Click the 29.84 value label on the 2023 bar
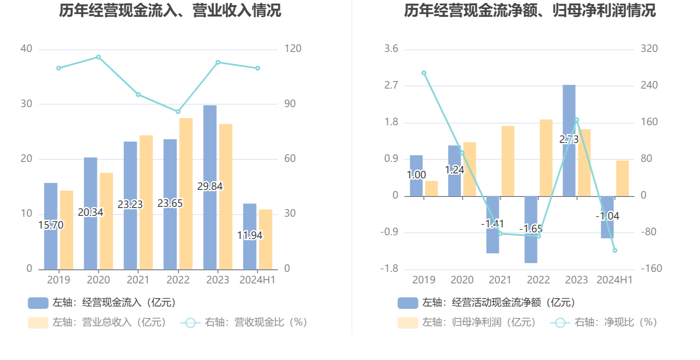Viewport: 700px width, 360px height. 210,187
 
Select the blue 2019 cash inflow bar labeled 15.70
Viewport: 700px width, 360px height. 51,247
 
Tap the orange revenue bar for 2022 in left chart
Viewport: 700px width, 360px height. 186,194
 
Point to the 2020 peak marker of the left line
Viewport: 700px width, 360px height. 98,57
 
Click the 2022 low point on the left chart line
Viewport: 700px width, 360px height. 178,112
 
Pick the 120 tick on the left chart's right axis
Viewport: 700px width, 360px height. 293,49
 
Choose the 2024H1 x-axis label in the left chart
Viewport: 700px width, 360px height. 257,280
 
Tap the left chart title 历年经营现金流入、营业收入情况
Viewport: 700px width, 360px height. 170,11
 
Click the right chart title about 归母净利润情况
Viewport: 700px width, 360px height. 530,11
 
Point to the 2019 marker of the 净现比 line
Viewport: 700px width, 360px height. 424,73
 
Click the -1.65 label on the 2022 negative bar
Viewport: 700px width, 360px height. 531,229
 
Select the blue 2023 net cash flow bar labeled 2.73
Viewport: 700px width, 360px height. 569,111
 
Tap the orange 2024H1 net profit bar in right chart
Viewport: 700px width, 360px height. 623,178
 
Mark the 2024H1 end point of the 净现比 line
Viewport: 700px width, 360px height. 615,250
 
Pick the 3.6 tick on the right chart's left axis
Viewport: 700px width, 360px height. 391,49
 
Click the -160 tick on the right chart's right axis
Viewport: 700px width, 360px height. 651,269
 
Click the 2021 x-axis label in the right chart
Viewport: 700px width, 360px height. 500,280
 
